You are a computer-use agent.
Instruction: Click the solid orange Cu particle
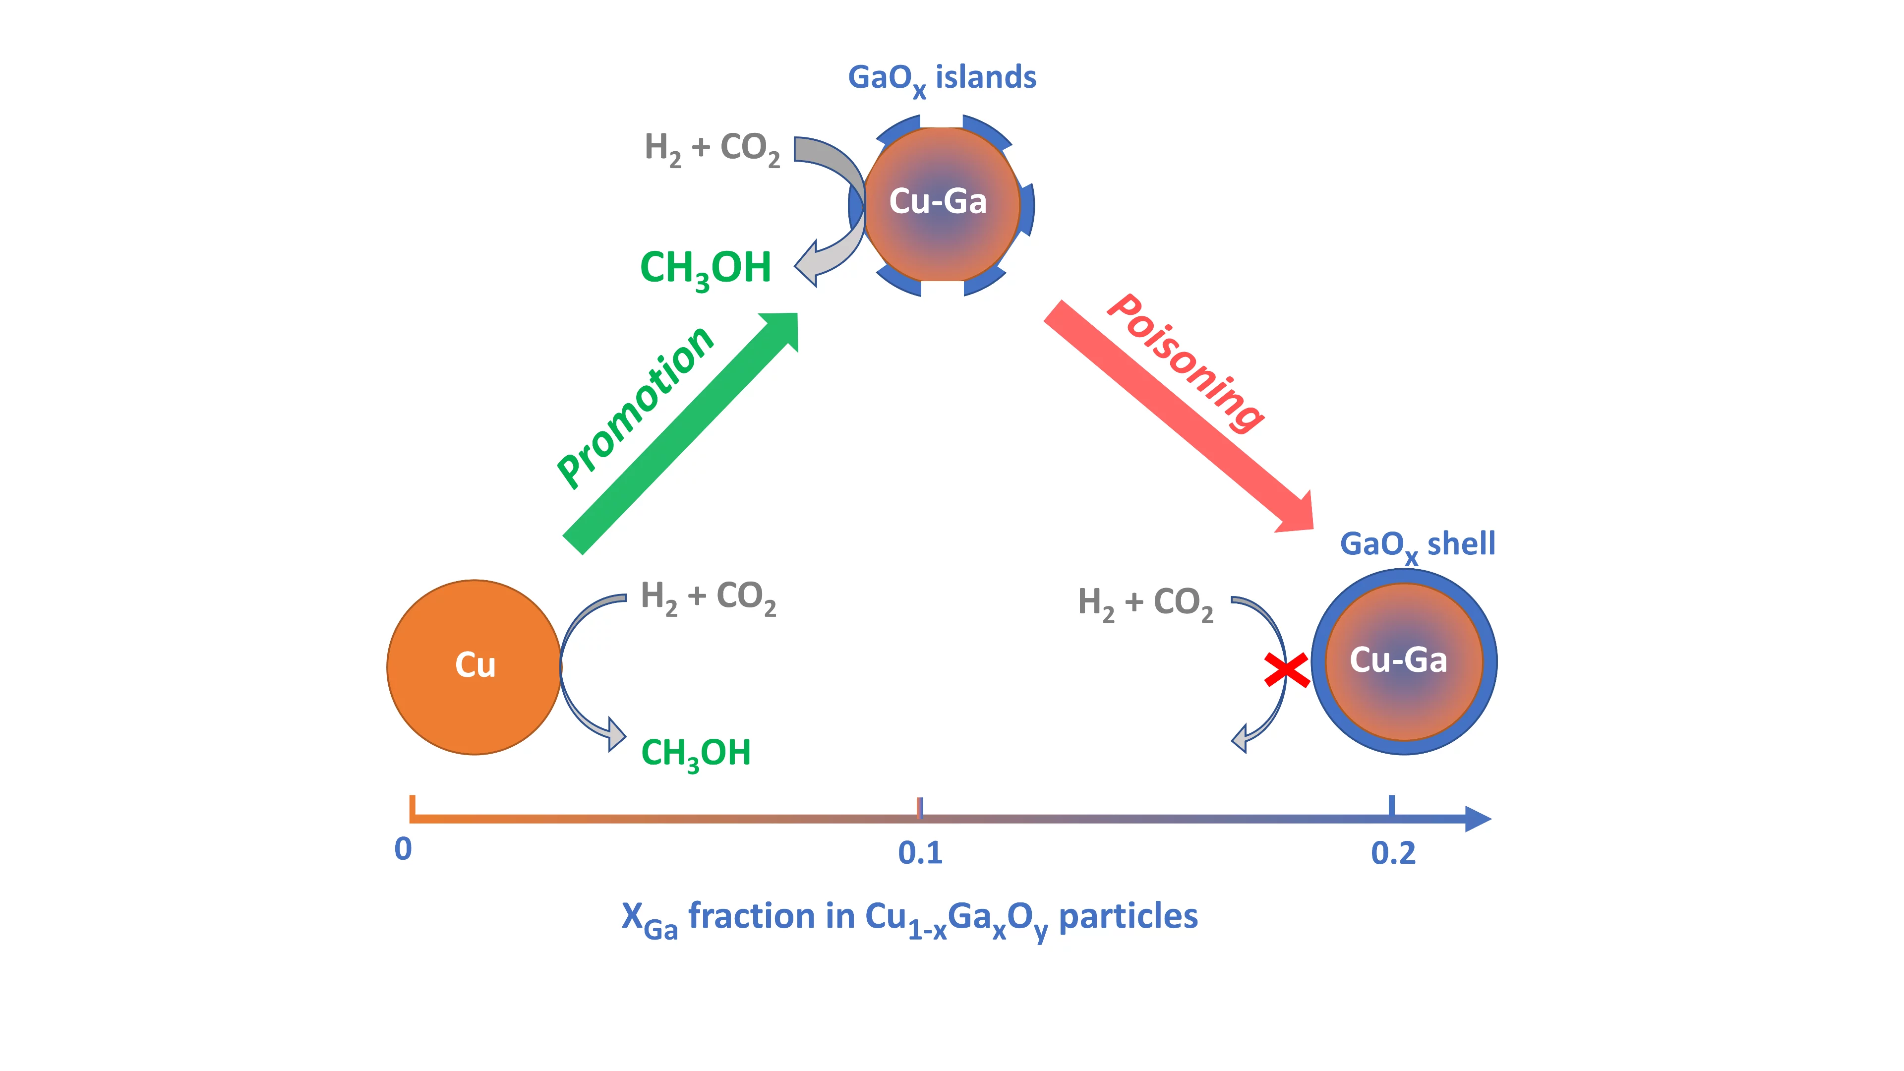tap(474, 667)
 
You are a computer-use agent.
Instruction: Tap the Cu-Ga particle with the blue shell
tap(1404, 661)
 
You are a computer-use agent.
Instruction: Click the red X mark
tap(1286, 670)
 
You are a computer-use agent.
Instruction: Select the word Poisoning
tap(1187, 361)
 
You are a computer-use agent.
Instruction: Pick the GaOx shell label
tap(1417, 545)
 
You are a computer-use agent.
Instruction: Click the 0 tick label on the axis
tap(403, 849)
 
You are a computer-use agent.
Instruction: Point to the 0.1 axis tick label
tap(920, 853)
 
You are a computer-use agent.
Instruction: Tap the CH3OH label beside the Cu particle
tap(696, 753)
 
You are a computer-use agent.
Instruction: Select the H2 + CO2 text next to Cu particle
tap(708, 596)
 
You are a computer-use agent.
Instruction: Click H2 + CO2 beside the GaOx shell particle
tap(1145, 602)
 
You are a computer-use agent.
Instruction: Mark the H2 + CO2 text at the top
tap(712, 148)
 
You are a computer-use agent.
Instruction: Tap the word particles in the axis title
tap(1128, 916)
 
